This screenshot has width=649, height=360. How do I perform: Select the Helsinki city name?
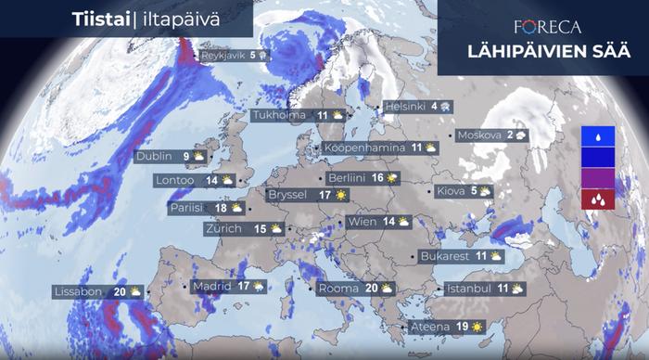tap(404, 106)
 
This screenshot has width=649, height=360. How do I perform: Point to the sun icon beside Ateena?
tap(477, 327)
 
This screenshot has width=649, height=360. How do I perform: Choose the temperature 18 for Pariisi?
tap(223, 209)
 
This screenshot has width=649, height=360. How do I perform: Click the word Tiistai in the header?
tap(99, 19)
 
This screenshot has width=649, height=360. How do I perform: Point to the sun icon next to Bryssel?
tap(341, 195)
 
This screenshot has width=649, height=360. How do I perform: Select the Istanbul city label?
tap(468, 289)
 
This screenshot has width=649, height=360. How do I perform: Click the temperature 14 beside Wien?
tap(389, 222)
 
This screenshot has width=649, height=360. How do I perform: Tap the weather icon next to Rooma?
tap(387, 289)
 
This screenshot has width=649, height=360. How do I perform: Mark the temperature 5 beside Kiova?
tap(474, 191)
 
